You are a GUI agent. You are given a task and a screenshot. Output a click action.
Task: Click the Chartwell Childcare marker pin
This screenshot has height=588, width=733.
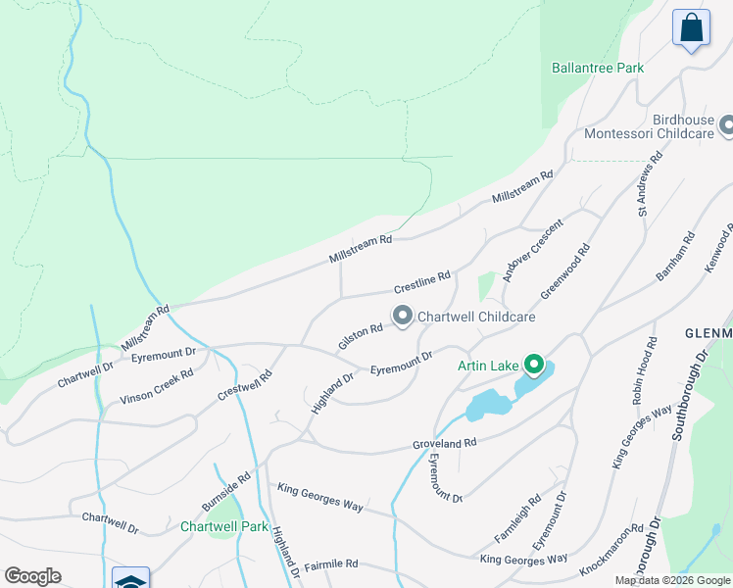tap(403, 316)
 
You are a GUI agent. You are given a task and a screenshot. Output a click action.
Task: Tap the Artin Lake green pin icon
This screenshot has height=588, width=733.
tap(534, 367)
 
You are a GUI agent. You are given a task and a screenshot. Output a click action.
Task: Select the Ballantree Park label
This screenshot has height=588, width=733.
tap(598, 69)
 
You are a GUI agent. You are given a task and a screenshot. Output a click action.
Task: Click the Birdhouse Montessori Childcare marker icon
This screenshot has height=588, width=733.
tap(727, 125)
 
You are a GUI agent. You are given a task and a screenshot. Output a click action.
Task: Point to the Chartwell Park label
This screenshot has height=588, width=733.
tap(224, 526)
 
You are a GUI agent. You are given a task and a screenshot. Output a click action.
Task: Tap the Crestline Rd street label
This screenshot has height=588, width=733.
tap(421, 283)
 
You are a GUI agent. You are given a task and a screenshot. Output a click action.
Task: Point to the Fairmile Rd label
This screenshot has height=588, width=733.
tap(331, 564)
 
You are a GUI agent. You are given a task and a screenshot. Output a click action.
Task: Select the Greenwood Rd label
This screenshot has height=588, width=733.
tap(565, 270)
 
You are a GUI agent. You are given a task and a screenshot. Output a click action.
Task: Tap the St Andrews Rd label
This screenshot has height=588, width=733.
tap(650, 183)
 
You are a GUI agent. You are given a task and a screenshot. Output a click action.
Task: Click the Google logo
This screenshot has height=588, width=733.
tap(32, 576)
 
